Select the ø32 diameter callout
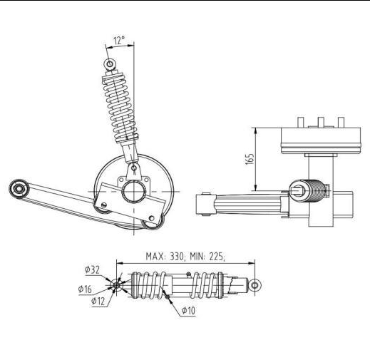[x=91, y=269]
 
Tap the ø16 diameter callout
[x=86, y=289]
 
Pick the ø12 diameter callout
[x=99, y=301]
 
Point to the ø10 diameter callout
[x=189, y=311]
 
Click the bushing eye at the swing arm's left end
[x=18, y=188]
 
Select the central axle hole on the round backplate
[x=134, y=192]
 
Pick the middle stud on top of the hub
[x=321, y=122]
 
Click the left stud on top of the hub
[x=302, y=122]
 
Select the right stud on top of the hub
[x=339, y=122]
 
